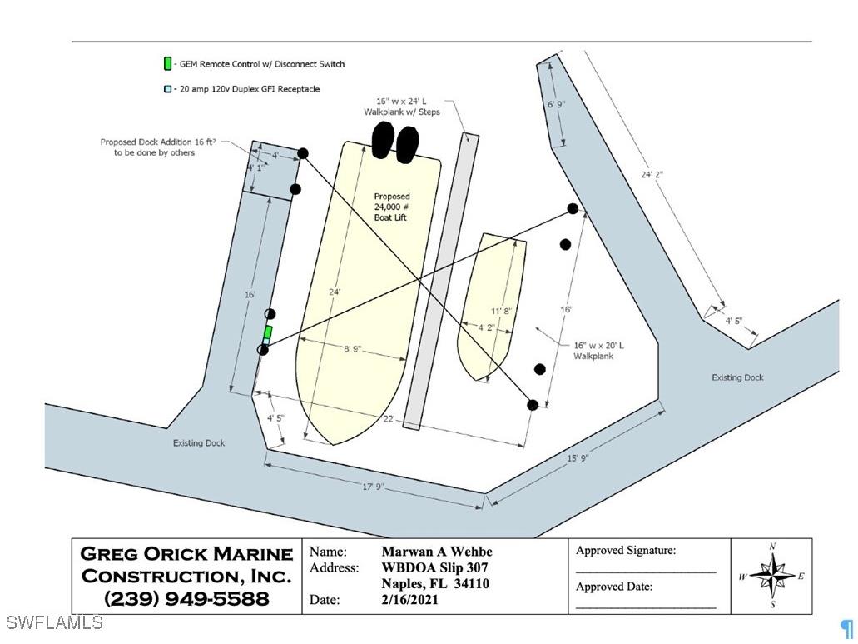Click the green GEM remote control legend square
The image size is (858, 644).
(x=167, y=64)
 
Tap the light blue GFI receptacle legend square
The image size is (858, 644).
(x=167, y=89)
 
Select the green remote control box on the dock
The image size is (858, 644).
(x=267, y=333)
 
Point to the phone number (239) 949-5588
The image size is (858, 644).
(x=186, y=598)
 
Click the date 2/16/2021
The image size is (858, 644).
(x=410, y=600)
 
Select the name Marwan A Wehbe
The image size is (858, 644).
(x=437, y=552)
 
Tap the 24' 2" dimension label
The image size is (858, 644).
(x=652, y=175)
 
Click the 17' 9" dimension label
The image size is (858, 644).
(x=373, y=487)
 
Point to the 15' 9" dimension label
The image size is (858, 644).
(x=578, y=458)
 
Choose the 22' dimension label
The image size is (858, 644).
(x=389, y=418)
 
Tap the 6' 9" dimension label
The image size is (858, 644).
(x=558, y=105)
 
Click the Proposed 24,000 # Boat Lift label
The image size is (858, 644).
(x=391, y=207)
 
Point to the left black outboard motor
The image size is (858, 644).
(x=382, y=140)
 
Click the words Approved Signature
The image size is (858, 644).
(x=626, y=551)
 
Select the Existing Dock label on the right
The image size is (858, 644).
(x=737, y=377)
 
